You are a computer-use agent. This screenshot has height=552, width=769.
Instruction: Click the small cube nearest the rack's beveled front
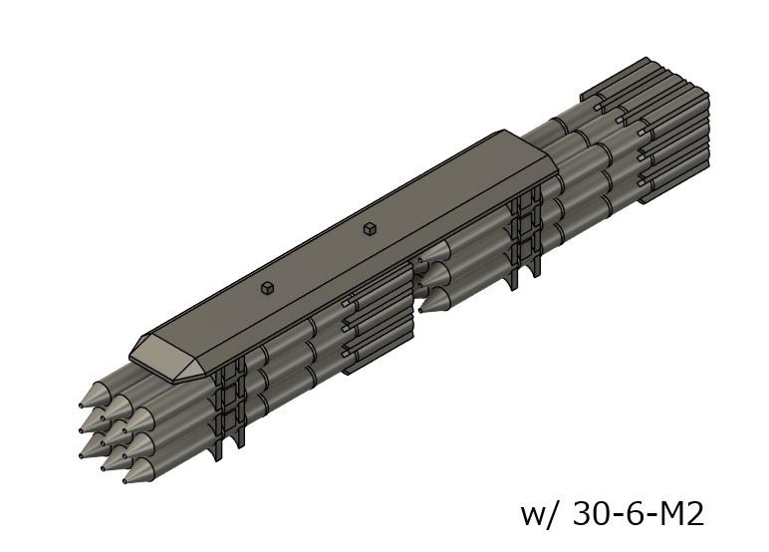[267, 288]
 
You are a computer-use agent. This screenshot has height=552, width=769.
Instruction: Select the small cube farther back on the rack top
[370, 228]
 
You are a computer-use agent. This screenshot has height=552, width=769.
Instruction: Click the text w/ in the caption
[540, 514]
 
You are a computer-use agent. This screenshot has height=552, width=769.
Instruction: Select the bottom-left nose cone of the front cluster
[92, 449]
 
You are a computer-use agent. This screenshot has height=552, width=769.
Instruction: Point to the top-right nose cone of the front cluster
[139, 416]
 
